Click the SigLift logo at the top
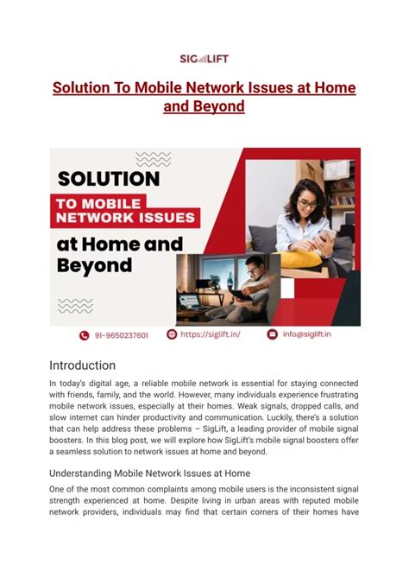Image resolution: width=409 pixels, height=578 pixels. (x=204, y=59)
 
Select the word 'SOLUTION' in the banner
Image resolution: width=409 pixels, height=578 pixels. (x=109, y=179)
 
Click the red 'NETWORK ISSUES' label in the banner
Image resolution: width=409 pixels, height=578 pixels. (x=126, y=219)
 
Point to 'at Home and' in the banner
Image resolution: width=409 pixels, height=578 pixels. (x=119, y=244)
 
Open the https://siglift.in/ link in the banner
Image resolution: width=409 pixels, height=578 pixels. (x=210, y=333)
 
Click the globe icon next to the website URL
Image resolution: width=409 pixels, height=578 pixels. (x=172, y=333)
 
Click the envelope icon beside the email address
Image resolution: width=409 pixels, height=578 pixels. (x=273, y=333)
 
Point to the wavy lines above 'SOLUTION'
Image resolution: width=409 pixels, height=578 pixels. (x=154, y=158)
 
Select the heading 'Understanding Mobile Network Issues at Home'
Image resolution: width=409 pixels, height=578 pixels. (x=149, y=473)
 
